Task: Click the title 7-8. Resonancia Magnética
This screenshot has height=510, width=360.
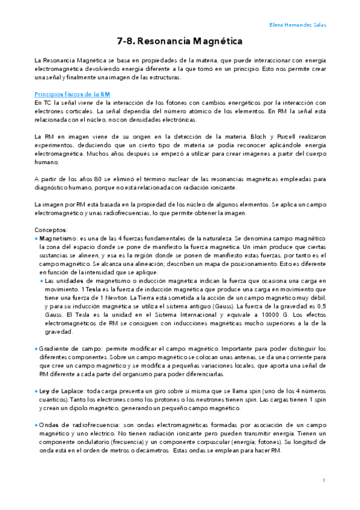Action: (179, 41)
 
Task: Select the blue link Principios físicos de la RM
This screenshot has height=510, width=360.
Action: (72, 94)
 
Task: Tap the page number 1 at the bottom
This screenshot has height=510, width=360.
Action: (323, 480)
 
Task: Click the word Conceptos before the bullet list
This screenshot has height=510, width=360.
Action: (52, 230)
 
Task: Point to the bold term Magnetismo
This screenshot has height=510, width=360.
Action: (59, 239)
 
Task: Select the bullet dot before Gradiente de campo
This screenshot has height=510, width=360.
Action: (36, 349)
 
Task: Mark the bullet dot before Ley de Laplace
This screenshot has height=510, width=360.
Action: (36, 391)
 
